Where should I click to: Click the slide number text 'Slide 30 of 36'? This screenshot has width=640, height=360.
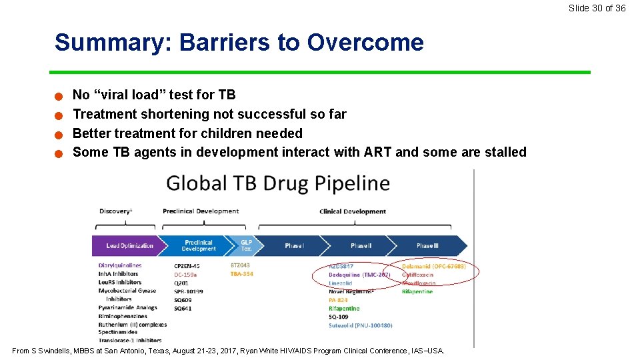597,8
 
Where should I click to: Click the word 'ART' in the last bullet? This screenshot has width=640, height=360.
378,152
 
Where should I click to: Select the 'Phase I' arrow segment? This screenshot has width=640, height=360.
294,246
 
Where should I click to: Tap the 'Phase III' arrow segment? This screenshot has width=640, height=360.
427,246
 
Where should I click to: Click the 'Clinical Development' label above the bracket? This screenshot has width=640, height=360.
352,211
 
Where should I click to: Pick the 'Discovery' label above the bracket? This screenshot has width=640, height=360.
115,211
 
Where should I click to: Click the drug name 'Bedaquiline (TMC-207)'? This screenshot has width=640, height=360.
359,275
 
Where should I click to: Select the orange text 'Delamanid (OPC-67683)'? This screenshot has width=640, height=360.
433,266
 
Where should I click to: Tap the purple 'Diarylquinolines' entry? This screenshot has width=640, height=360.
120,265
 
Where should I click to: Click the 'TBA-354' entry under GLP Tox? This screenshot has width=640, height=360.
241,274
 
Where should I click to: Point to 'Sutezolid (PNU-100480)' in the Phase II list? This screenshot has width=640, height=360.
360,325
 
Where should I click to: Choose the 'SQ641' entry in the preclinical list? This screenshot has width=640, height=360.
183,309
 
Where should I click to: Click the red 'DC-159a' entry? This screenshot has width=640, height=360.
186,275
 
